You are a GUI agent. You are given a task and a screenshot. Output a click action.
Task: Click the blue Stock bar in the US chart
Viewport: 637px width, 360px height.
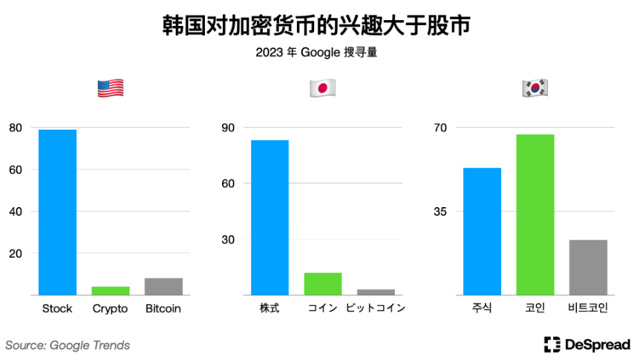coord(57,212)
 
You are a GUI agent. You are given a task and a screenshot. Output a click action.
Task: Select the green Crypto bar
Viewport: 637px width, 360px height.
coord(111,290)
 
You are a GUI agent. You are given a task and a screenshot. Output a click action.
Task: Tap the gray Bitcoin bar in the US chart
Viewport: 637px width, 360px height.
coord(163,287)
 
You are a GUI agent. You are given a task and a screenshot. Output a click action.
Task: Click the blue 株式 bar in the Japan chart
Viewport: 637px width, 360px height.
coord(269,217)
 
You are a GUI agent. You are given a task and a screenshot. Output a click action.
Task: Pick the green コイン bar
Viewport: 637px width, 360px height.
coord(323,284)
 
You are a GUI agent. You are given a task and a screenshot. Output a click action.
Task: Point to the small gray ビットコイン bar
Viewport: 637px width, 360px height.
coord(376,292)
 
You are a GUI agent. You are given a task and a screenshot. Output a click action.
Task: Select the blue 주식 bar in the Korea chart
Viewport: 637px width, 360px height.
coord(482,231)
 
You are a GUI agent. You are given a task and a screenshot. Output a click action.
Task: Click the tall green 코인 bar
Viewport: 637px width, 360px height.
coord(535,215)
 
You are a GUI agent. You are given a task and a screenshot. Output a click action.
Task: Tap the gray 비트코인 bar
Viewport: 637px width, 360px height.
coord(588,267)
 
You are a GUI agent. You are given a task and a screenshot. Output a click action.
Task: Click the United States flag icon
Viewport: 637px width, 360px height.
coord(111,89)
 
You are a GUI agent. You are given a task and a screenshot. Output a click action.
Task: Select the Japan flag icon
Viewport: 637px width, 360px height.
coord(322,89)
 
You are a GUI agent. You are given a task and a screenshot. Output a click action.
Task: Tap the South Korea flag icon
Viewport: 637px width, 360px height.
coord(535,89)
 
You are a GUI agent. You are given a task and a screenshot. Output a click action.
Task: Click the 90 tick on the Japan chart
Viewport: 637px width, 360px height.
coord(227,128)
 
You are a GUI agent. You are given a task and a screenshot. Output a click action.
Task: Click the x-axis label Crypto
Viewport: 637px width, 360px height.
coord(111,309)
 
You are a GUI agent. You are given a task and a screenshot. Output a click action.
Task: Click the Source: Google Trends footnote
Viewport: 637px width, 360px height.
coord(68,345)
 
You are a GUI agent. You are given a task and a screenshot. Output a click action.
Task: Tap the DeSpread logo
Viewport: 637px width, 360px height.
coord(587,344)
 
